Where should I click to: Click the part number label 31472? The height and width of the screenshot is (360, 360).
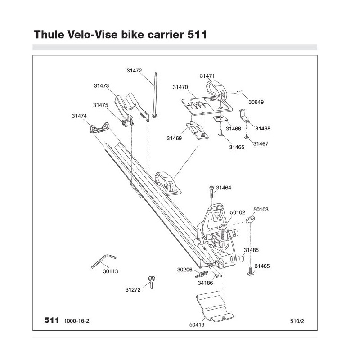(x=134, y=71)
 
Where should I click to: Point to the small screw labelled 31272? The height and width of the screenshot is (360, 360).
(x=152, y=282)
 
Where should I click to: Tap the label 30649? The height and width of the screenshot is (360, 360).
(x=256, y=102)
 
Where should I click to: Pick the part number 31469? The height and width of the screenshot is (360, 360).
(x=174, y=139)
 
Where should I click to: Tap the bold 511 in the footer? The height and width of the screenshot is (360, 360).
(x=52, y=320)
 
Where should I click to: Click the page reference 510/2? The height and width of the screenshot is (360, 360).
(x=297, y=320)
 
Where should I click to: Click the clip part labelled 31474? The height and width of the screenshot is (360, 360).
(x=99, y=128)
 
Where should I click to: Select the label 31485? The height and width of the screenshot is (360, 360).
(x=251, y=249)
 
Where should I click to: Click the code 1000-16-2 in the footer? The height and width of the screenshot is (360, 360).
(x=76, y=320)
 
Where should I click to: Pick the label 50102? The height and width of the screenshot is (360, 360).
(x=237, y=212)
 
